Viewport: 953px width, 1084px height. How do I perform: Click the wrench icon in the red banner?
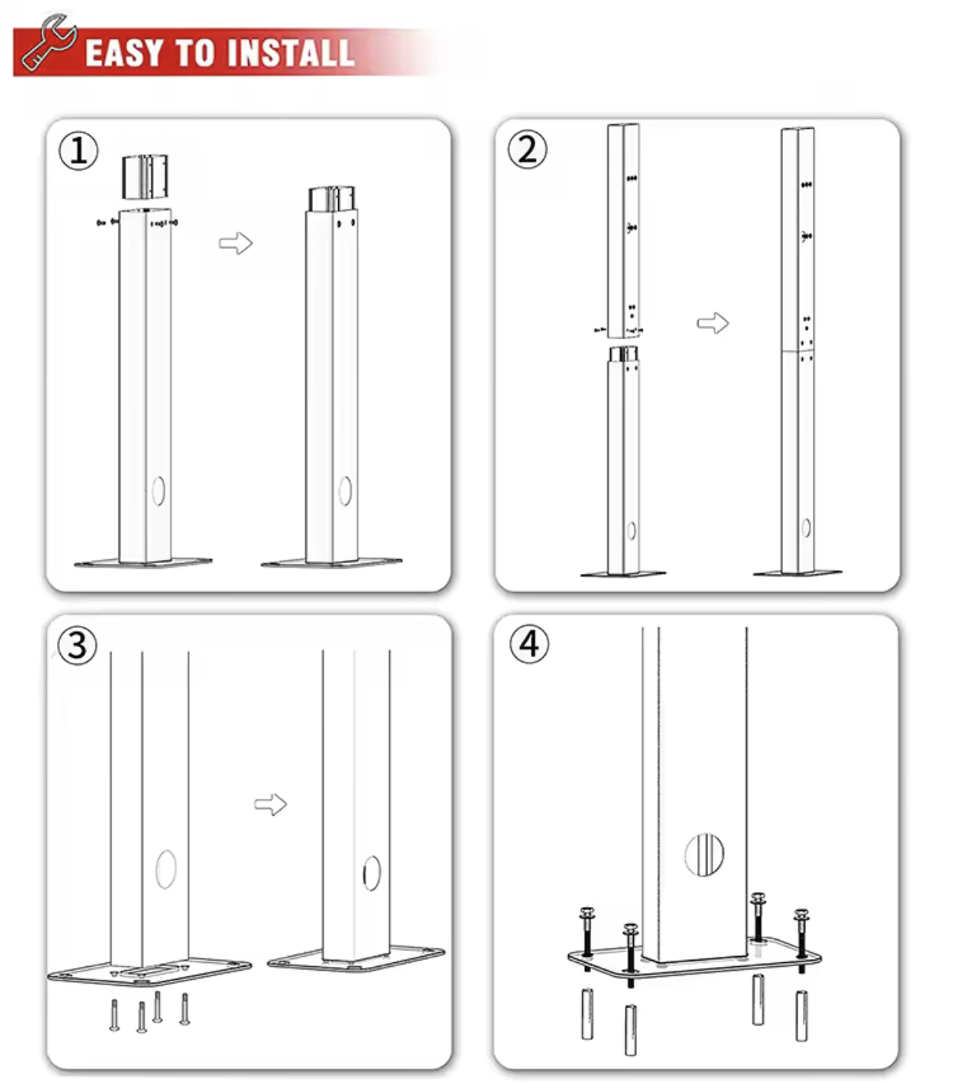coord(47,43)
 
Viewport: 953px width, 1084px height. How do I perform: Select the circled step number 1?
coord(79,150)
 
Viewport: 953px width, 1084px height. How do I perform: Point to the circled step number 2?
coord(527,149)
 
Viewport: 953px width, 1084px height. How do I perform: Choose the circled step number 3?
coord(77,644)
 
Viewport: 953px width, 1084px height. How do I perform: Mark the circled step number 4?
coord(529,644)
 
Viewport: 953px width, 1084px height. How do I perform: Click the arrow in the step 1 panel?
coord(235,243)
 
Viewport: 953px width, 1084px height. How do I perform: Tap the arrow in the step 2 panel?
coord(712,323)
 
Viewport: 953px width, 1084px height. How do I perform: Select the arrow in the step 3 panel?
coord(270,804)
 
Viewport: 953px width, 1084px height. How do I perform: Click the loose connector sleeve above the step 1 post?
coord(145,177)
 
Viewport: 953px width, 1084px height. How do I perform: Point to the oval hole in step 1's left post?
coord(158,491)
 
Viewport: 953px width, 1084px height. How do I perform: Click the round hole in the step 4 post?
coord(704,855)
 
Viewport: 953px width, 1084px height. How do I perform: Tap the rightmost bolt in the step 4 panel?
coord(801,933)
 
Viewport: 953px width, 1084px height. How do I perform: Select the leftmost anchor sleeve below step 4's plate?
coord(587,1014)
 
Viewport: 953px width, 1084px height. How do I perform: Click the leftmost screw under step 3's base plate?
coord(115,1015)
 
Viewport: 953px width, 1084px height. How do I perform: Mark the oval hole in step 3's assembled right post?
coord(371,873)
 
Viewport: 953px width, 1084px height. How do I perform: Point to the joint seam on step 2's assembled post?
coord(797,350)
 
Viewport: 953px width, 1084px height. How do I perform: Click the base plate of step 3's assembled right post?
coord(356,961)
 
